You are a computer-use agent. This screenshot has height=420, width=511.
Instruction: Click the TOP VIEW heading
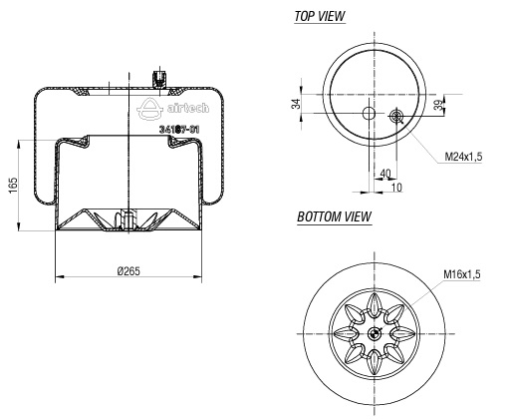[x=320, y=16]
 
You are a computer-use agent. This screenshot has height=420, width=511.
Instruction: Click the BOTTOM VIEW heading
[x=334, y=216]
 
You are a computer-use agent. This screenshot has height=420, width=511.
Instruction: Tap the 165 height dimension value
[x=13, y=186]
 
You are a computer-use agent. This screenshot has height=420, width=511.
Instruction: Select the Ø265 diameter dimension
[x=128, y=271]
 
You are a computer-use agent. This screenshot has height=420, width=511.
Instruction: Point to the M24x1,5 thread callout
[x=463, y=156]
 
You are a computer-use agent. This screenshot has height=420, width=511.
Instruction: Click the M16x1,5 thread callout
[x=462, y=274]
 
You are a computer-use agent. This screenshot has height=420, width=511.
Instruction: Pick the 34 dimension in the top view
[x=296, y=104]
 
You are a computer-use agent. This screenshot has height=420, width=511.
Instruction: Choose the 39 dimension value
[x=439, y=105]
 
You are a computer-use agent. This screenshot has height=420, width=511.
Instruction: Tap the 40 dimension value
[x=385, y=174]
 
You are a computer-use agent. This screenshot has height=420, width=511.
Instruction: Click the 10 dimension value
[x=396, y=188]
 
